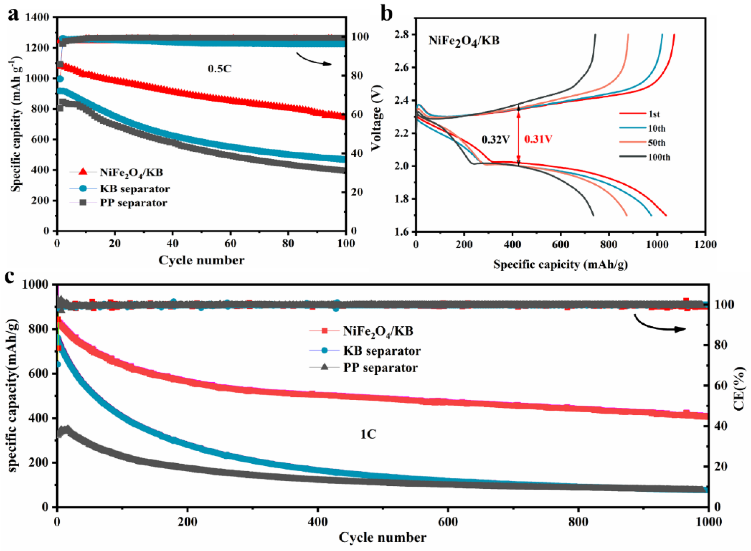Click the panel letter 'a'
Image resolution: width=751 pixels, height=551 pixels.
[x=13, y=15]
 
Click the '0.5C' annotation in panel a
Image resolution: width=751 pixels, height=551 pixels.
[x=219, y=69]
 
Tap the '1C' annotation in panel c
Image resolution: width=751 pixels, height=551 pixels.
[x=368, y=434]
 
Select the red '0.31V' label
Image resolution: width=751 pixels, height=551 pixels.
[x=538, y=139]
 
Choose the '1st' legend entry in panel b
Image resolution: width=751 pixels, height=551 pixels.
[x=654, y=114]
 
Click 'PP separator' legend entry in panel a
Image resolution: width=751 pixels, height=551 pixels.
[x=134, y=203]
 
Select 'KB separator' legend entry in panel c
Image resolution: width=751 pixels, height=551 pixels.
[x=382, y=351]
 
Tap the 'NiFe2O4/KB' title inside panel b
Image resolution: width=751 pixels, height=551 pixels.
[x=464, y=41]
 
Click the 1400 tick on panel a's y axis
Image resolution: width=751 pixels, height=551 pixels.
[x=37, y=17]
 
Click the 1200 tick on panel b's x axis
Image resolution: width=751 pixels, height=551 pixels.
[x=705, y=244]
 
